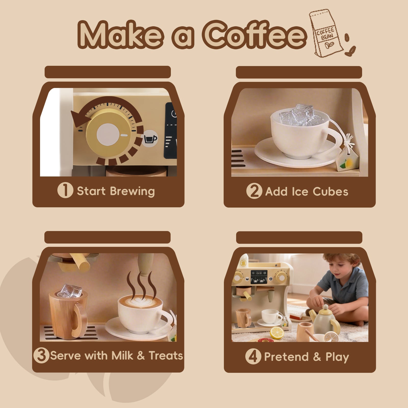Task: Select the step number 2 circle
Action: click(254, 191)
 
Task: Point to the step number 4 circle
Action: click(253, 356)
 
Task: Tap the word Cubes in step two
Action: click(330, 192)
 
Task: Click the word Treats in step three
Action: click(166, 355)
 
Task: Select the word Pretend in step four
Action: click(287, 356)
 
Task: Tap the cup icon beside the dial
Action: click(150, 139)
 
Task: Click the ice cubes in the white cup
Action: click(297, 115)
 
